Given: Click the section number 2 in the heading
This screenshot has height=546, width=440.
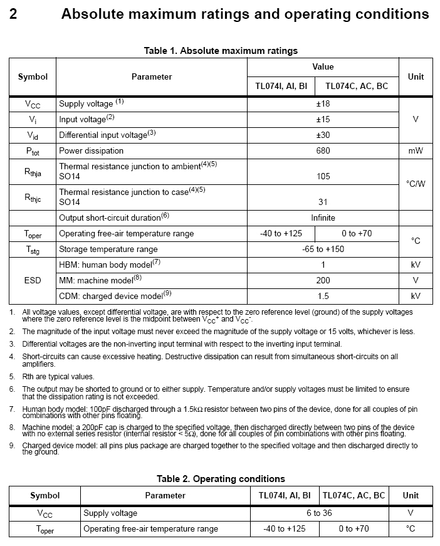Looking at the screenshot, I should pos(13,14).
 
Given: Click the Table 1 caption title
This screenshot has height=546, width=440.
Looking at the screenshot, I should pos(221,51).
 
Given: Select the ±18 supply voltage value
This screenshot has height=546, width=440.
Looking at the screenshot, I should pos(323,103).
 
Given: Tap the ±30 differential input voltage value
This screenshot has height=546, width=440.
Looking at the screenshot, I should pos(323,135).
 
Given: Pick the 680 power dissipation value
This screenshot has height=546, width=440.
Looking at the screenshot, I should pos(323,150).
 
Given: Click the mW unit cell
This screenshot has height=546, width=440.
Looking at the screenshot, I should pos(416,150).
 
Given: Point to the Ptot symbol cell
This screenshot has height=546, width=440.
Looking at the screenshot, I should pos(33,151).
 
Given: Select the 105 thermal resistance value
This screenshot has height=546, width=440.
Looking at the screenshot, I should pos(323,177).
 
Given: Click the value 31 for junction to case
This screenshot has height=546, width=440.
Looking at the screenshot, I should pos(323,202).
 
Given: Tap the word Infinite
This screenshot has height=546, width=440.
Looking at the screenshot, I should pos(323,218).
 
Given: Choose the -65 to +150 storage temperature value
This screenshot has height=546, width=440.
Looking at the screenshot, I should pos(323,249).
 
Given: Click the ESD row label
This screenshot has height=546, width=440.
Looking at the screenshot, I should pos(33,280).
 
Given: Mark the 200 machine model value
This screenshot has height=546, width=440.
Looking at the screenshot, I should pos(323,280).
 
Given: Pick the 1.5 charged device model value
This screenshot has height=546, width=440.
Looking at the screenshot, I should pos(323,296).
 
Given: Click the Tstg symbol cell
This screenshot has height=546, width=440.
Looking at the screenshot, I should pos(33,249).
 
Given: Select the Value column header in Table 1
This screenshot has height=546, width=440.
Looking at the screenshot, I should pos(323,66).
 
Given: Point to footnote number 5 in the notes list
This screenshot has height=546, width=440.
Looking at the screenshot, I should pos(12,377).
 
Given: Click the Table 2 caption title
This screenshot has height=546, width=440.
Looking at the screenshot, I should pos(221,479).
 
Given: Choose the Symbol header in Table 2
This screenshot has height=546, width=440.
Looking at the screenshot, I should pos(45,495).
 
